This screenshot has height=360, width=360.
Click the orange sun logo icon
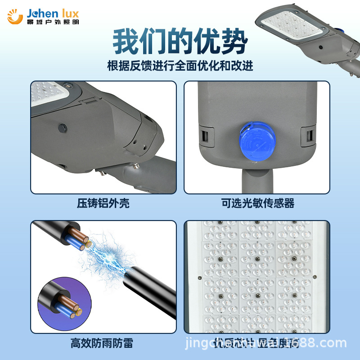point(15,16)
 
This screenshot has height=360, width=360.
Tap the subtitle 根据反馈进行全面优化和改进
point(180,66)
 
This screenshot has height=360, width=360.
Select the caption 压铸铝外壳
point(103,203)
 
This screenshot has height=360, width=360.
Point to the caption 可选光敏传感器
point(257,203)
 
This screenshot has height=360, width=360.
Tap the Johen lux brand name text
point(52,12)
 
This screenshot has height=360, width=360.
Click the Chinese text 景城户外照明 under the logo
point(52,22)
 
